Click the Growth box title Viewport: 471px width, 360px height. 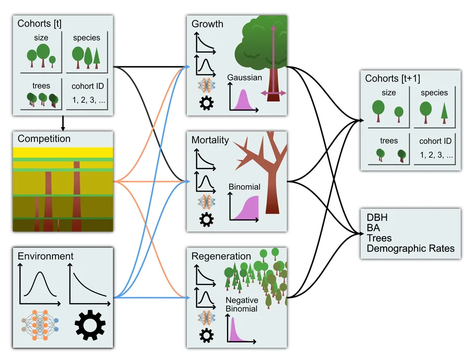coord(207,24)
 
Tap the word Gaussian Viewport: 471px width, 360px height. coord(244,77)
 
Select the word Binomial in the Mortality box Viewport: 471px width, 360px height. coord(244,187)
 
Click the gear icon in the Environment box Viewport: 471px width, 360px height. coord(90,325)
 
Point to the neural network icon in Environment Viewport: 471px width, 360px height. coord(40,325)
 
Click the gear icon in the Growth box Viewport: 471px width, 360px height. coord(206,103)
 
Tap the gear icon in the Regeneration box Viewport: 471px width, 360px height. coord(206,335)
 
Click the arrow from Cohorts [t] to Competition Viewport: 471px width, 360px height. coord(63,123)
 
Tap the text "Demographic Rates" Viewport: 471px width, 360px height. coord(411,249)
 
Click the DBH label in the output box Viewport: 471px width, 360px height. coord(377,217)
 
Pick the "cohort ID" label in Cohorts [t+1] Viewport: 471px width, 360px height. coord(435,141)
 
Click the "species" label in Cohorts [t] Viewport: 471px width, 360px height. coord(86,38)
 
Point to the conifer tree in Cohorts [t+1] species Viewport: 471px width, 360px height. coord(444,113)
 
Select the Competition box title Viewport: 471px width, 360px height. coord(44,139)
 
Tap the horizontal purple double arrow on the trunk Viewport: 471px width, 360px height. coord(273,93)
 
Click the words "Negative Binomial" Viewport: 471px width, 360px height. coord(242,305)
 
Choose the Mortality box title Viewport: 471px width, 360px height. coord(210,140)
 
